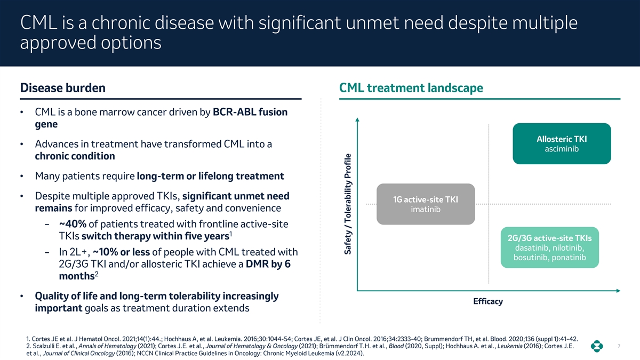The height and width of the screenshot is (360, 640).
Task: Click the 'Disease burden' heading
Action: tap(62, 87)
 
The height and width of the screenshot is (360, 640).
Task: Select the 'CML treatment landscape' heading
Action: tap(411, 87)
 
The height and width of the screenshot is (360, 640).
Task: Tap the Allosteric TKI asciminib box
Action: tap(562, 143)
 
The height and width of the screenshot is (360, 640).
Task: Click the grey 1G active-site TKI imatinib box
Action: tap(426, 204)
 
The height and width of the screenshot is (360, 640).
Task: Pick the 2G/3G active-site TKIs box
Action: tap(550, 247)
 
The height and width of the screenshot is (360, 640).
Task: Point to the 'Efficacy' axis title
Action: tap(488, 301)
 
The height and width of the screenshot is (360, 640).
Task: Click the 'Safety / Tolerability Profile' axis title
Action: tap(347, 204)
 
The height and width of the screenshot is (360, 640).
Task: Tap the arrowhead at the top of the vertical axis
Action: tap(357, 119)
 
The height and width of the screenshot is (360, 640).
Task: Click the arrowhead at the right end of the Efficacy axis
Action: tap(618, 291)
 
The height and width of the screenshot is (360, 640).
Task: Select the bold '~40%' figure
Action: tap(73, 224)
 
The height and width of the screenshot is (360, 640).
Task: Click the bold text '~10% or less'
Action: tap(122, 252)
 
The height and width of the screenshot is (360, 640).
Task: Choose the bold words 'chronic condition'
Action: tap(75, 156)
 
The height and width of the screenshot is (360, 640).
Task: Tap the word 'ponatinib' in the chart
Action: tap(569, 258)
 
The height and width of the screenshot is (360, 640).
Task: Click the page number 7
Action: tap(619, 346)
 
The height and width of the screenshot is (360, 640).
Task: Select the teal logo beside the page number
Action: tap(597, 346)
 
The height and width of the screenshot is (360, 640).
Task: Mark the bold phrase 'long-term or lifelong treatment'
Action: tap(211, 176)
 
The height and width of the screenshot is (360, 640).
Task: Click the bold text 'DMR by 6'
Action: tap(268, 264)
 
